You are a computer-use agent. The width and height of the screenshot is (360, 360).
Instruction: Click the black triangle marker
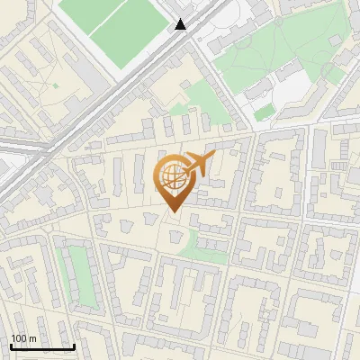(181, 24)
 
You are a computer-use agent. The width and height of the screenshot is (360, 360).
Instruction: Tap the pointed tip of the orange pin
(173, 211)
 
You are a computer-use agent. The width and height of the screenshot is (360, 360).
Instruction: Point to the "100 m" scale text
(23, 338)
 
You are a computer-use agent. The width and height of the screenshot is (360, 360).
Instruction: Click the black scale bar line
(41, 346)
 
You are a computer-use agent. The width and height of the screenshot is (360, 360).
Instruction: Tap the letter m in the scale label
(32, 338)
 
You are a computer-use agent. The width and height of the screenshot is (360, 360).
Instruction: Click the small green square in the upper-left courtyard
(55, 85)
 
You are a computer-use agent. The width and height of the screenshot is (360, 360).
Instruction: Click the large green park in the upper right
(270, 54)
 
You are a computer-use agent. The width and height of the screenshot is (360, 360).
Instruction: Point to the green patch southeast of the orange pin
(202, 245)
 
